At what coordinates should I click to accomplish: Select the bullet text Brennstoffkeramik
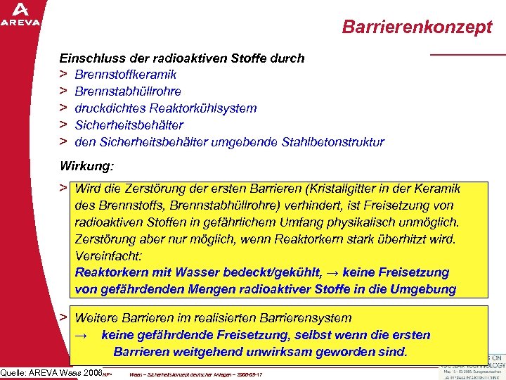(115, 75)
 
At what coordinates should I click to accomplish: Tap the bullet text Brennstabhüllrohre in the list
(127, 91)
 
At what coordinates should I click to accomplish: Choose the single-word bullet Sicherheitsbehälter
(129, 125)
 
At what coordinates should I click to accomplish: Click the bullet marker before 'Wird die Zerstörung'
(63, 189)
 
